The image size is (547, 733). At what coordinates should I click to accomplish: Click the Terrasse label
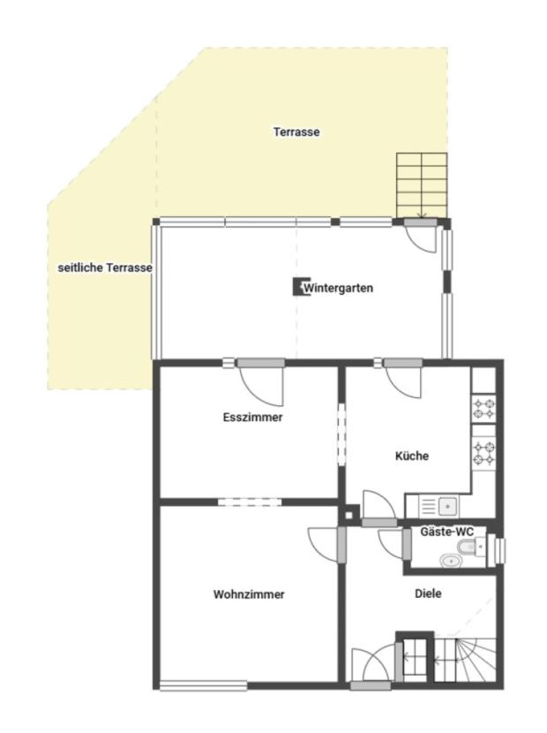(x=296, y=132)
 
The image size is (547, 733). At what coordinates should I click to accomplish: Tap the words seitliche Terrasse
(x=105, y=268)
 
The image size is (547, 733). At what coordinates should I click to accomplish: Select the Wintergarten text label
(x=338, y=288)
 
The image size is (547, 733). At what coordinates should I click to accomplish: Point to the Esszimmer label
(x=252, y=417)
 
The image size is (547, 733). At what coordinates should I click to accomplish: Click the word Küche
(x=412, y=456)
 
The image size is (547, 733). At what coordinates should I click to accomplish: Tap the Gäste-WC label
(x=447, y=532)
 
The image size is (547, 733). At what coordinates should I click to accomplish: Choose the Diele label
(x=428, y=593)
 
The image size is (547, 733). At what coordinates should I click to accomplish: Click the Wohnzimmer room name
(x=249, y=594)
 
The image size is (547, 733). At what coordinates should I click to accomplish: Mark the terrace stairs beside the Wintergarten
(x=422, y=185)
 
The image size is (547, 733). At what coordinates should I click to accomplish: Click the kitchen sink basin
(x=447, y=505)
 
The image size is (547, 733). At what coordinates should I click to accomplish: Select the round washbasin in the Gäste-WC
(x=450, y=560)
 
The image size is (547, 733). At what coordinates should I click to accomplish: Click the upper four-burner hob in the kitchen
(x=483, y=408)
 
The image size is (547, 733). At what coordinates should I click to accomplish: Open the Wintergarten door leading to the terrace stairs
(x=421, y=235)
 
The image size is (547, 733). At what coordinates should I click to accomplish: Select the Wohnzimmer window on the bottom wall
(x=203, y=686)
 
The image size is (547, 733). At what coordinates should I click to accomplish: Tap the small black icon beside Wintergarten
(x=297, y=287)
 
